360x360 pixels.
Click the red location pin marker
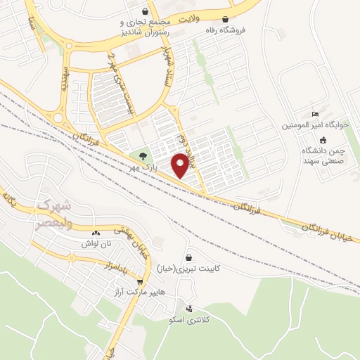(181, 164)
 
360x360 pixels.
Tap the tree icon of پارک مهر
(143, 155)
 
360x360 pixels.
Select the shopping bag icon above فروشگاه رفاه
(225, 19)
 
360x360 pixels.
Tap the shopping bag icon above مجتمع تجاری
(145, 11)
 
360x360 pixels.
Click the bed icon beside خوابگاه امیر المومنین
(316, 115)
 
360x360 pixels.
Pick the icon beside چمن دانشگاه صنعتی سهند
(314, 140)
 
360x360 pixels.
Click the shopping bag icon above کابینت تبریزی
(188, 258)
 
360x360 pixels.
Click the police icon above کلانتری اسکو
(188, 308)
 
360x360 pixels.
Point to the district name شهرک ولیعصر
(53, 214)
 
